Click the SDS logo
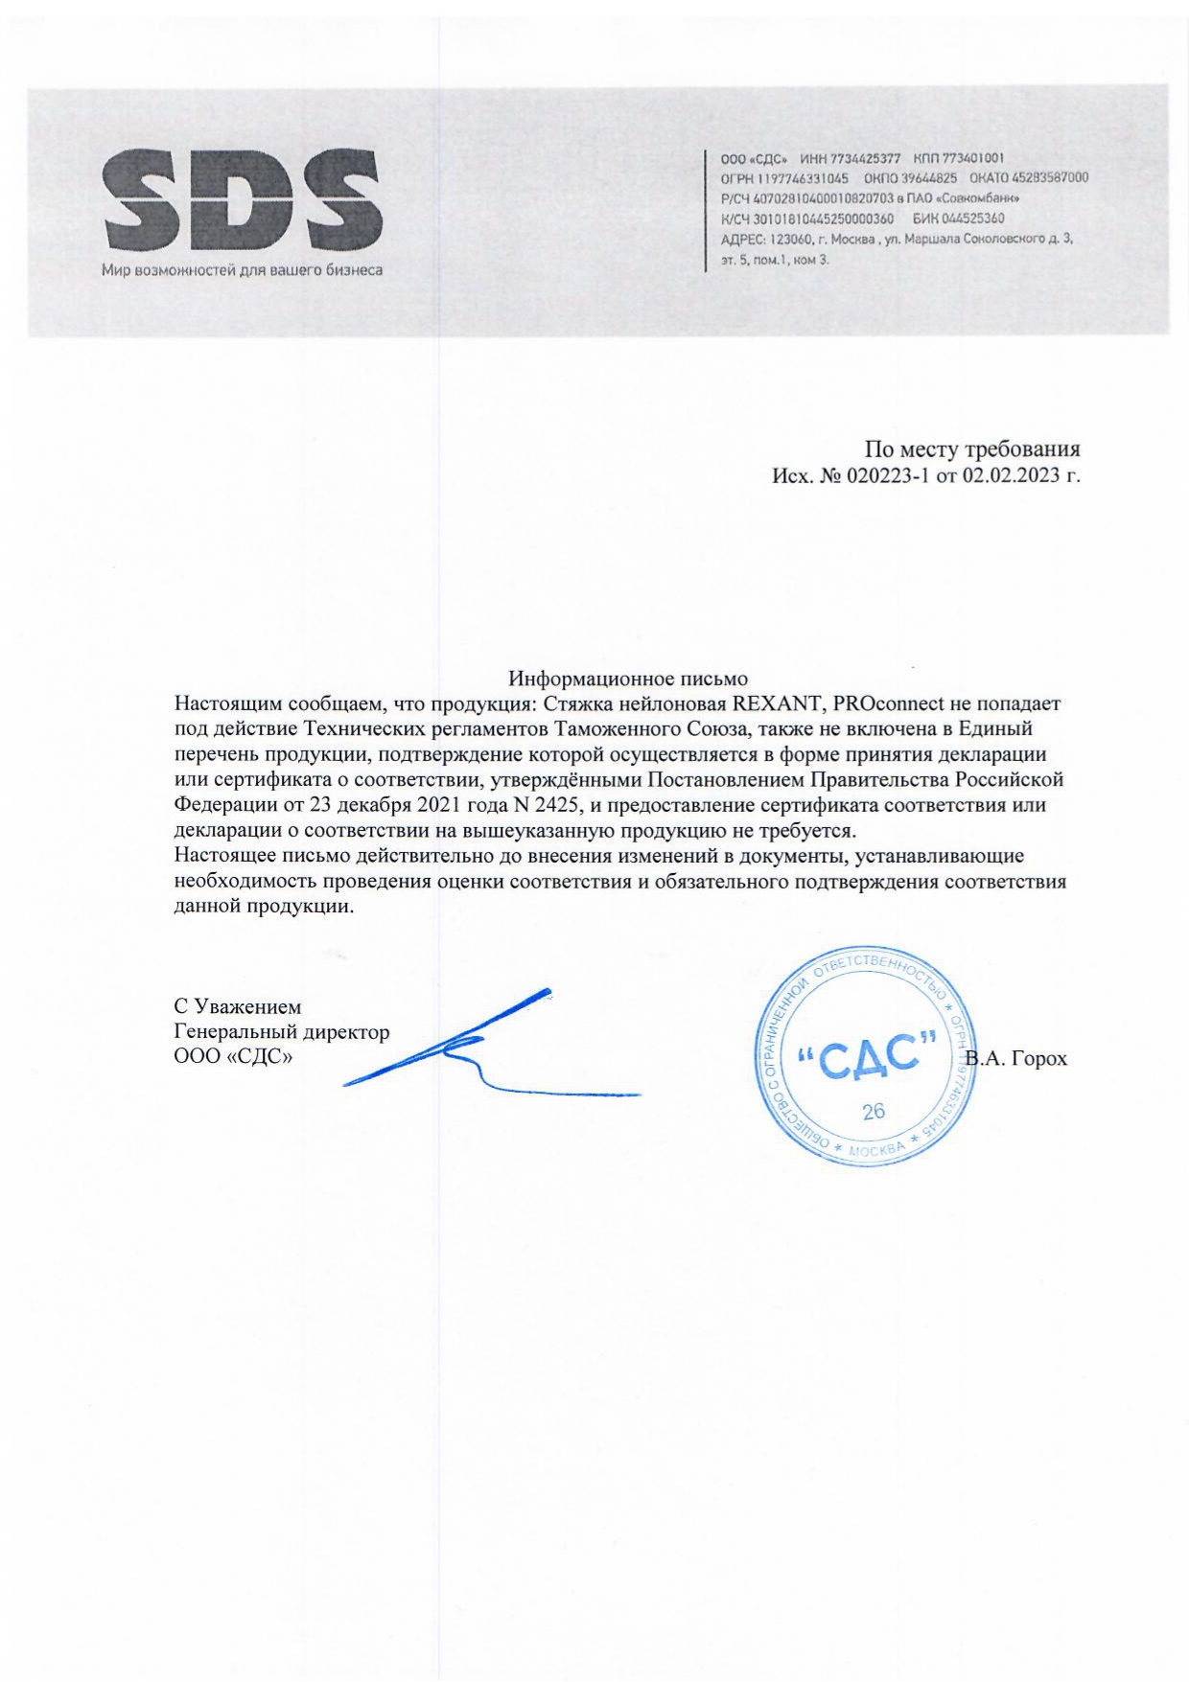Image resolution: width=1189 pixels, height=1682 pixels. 242,201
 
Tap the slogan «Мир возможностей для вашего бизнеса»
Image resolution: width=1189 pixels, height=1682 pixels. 242,270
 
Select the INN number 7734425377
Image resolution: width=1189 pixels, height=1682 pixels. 868,158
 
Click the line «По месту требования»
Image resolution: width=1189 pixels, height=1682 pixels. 972,449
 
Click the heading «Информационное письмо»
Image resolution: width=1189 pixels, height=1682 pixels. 628,680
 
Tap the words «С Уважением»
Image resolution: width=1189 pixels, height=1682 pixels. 237,1007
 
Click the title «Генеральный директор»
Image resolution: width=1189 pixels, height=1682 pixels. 282,1032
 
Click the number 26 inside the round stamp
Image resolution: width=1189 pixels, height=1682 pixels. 874,1112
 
